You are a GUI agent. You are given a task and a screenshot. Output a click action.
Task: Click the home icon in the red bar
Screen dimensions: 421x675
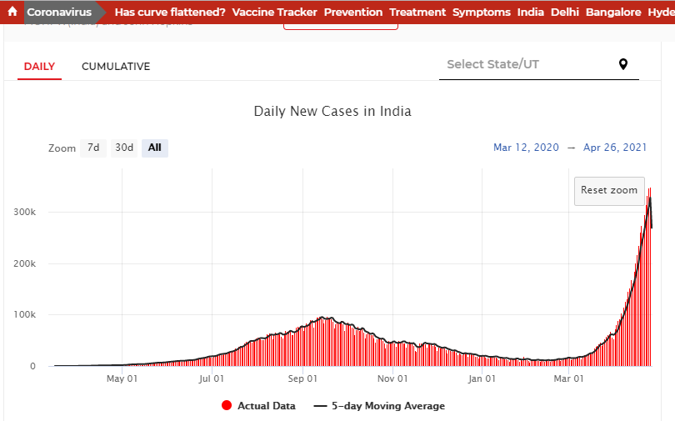point(12,13)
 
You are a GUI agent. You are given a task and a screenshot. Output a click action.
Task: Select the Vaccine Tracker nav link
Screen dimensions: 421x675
point(274,13)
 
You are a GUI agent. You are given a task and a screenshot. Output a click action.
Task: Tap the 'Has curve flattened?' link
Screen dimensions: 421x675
point(170,13)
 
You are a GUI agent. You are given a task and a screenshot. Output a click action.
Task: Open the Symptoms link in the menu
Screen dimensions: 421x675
point(482,13)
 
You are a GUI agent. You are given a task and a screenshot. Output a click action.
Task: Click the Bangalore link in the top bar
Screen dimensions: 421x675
point(613,13)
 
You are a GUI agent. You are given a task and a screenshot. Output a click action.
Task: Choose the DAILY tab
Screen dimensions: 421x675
point(39,67)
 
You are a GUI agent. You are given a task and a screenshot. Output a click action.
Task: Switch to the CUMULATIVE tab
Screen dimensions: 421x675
point(116,67)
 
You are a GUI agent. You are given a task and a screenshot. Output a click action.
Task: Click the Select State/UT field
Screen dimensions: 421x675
point(525,65)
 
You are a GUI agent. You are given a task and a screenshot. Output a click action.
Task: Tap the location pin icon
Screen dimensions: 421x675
point(623,65)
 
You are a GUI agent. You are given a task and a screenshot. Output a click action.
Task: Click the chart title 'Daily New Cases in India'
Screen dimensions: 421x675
point(332,111)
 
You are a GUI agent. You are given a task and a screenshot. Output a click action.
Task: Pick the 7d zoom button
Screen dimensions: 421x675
point(93,148)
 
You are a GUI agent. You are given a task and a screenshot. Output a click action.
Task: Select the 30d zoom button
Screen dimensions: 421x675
point(124,148)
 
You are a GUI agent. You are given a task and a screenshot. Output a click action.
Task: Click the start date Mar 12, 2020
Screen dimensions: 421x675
point(526,148)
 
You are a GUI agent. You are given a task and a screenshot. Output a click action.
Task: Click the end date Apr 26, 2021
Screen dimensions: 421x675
point(615,148)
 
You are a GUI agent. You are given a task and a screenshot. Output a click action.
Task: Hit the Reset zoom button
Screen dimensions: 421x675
point(609,190)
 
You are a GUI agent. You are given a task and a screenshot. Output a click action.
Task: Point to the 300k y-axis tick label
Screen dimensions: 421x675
point(24,212)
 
